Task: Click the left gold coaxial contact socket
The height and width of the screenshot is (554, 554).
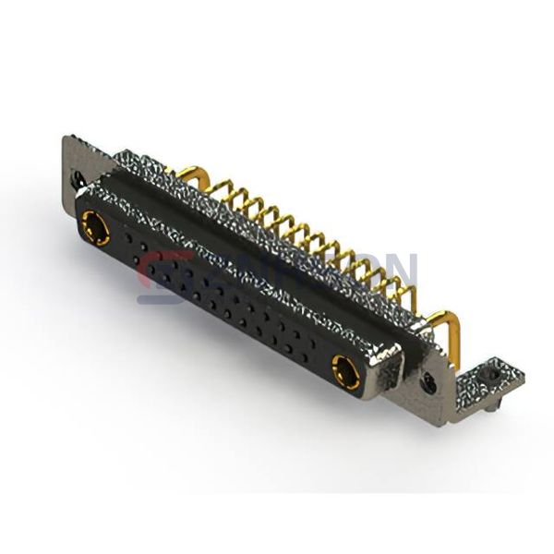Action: point(95,227)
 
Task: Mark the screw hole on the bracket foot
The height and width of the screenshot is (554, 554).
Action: point(493,375)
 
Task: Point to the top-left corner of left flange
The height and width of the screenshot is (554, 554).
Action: point(65,138)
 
